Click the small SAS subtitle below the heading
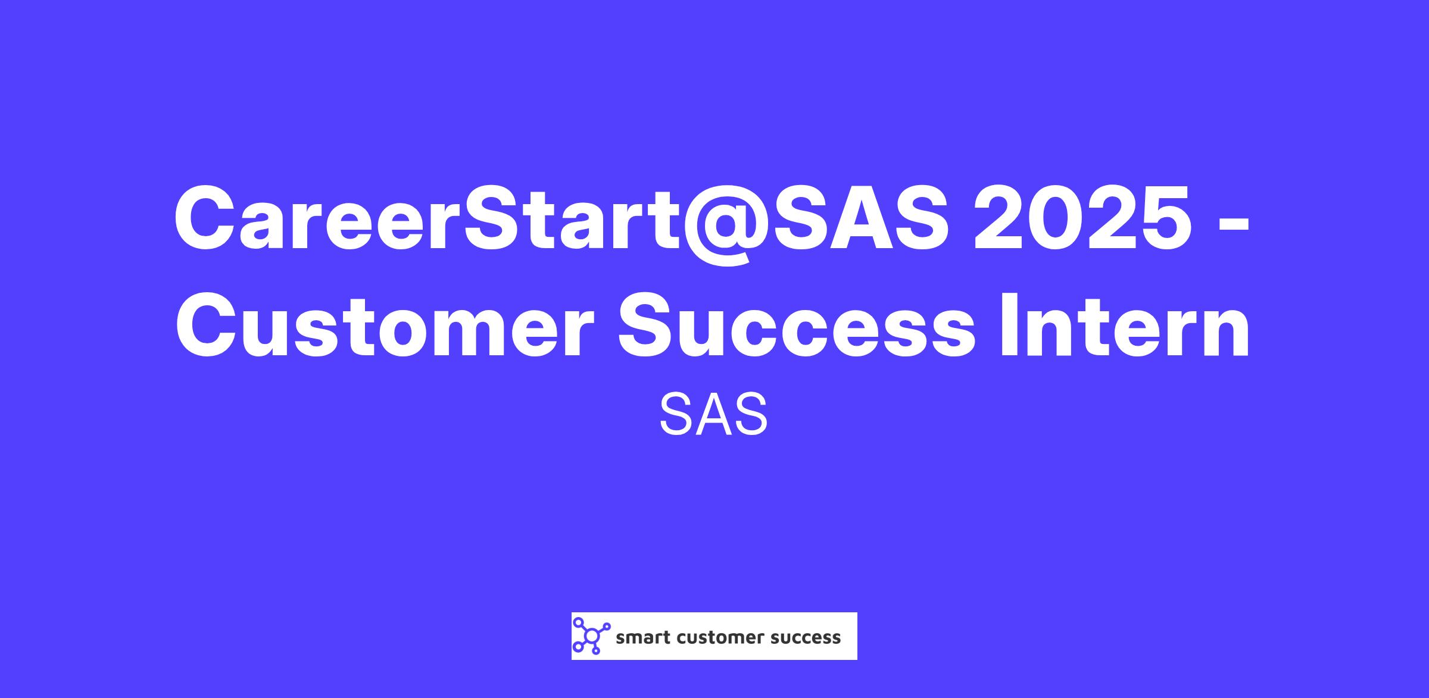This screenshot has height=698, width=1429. click(713, 414)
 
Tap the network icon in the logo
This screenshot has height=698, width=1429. click(591, 636)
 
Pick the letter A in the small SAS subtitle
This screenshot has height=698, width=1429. click(713, 414)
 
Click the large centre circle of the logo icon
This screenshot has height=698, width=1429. click(591, 636)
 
